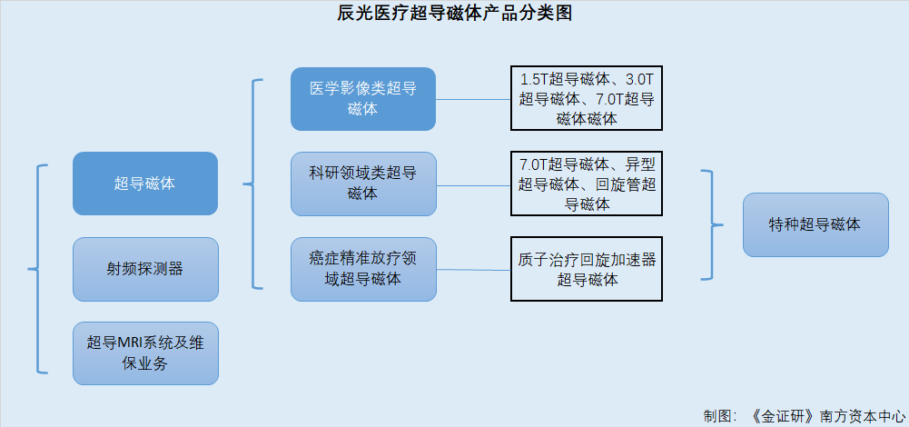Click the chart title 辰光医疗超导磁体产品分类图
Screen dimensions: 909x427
454,13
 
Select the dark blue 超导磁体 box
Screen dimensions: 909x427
145,184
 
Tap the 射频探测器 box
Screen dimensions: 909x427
145,269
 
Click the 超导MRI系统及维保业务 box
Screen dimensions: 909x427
145,353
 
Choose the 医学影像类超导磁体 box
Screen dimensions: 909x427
363,99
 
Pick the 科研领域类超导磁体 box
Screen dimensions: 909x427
363,184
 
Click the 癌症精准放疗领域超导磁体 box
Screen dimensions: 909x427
363,269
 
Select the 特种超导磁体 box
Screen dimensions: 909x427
815,224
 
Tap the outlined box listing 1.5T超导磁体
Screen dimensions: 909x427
586,98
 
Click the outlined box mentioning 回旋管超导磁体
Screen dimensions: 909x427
586,184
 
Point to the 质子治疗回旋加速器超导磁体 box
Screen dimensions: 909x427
586,269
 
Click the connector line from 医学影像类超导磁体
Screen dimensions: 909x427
473,99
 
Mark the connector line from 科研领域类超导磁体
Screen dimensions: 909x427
473,185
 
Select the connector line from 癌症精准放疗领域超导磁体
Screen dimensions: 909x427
473,270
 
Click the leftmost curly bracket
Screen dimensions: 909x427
37,269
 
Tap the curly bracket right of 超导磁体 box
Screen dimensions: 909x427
252,184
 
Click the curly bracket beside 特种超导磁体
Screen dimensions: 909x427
711,224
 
